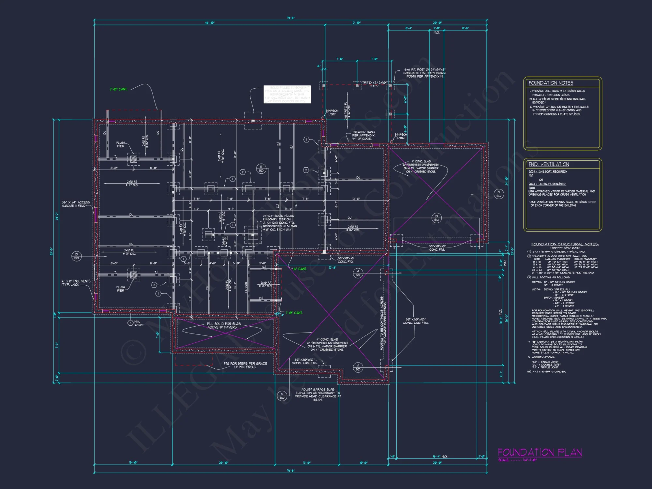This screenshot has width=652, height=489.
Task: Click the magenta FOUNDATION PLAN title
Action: [540, 452]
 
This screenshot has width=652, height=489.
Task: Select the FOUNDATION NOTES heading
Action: [551, 83]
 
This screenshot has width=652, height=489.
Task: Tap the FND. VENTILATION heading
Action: [549, 164]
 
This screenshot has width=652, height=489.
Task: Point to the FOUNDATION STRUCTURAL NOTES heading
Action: [565, 244]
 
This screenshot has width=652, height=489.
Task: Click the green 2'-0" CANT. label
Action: [119, 89]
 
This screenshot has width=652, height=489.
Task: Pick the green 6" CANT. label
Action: [300, 269]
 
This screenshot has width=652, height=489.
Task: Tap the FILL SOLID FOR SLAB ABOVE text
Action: [224, 325]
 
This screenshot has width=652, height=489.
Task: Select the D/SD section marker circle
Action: [77, 256]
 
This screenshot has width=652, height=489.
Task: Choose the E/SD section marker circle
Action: [261, 169]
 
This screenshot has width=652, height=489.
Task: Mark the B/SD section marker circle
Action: [437, 218]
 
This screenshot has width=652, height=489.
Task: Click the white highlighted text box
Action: [287, 95]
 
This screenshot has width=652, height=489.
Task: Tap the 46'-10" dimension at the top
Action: [210, 23]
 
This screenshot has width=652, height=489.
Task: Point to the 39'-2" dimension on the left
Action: [57, 216]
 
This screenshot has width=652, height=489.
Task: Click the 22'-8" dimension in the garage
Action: [332, 268]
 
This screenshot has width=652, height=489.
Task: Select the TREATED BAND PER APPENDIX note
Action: [363, 135]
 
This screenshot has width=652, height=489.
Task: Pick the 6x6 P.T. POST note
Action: [424, 73]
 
